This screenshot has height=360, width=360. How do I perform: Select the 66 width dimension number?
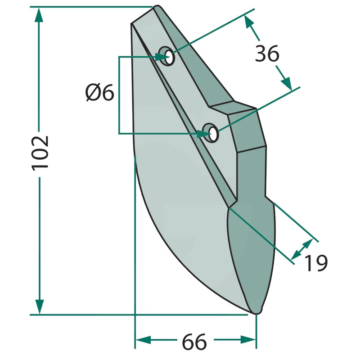pyautogui.click(x=194, y=342)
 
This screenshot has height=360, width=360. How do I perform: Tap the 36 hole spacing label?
pyautogui.click(x=267, y=54)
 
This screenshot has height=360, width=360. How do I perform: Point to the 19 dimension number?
pyautogui.click(x=316, y=263)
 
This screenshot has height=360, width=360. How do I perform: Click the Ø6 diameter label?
pyautogui.click(x=99, y=93)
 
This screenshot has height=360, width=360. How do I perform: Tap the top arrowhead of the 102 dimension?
pyautogui.click(x=39, y=14)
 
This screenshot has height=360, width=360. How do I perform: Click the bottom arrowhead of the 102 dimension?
pyautogui.click(x=40, y=306)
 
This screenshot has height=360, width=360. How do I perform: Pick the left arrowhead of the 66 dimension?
pyautogui.click(x=143, y=340)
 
